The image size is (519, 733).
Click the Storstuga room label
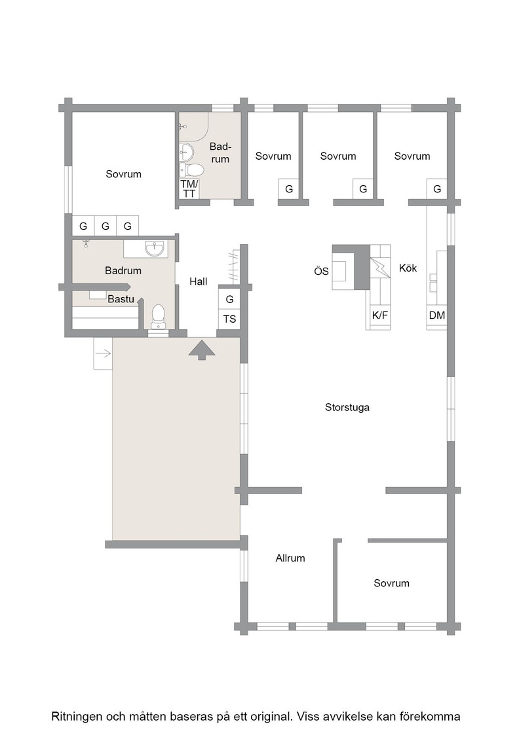click(347, 408)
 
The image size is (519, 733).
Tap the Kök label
click(408, 268)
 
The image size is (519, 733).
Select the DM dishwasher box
click(436, 315)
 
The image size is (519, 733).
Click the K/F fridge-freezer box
click(379, 315)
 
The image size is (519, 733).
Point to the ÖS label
click(321, 271)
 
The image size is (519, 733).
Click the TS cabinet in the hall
click(229, 319)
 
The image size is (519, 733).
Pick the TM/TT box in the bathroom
click(189, 189)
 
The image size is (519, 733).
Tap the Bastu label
click(121, 299)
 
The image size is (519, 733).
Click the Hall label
click(199, 281)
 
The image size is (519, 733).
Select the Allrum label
click(290, 558)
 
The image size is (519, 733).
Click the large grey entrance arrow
click(202, 350)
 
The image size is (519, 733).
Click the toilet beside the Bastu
click(159, 317)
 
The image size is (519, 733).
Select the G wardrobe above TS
click(229, 298)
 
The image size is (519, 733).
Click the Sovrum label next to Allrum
click(391, 583)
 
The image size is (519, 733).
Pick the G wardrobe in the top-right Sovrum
click(437, 189)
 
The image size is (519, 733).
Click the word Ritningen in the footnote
click(78, 717)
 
